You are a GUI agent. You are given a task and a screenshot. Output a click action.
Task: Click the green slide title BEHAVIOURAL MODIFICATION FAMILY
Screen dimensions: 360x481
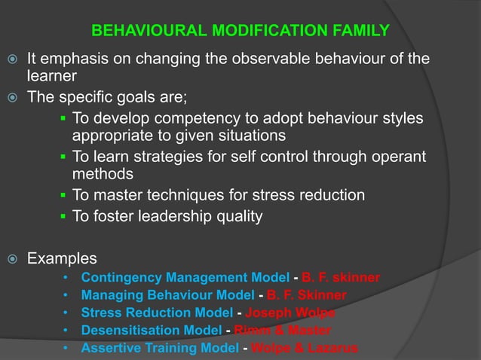[x=240, y=31]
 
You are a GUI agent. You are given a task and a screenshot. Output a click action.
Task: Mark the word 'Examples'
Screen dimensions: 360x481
[x=62, y=258]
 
